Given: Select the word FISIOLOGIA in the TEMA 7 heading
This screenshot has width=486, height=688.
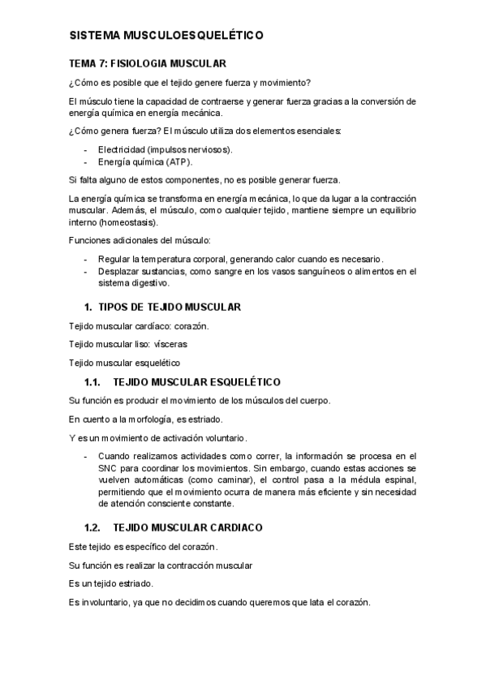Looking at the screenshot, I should (138, 62).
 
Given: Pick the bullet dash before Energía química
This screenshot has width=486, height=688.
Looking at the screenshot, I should (87, 161).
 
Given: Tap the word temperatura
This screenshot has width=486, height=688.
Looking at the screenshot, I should (166, 259).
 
